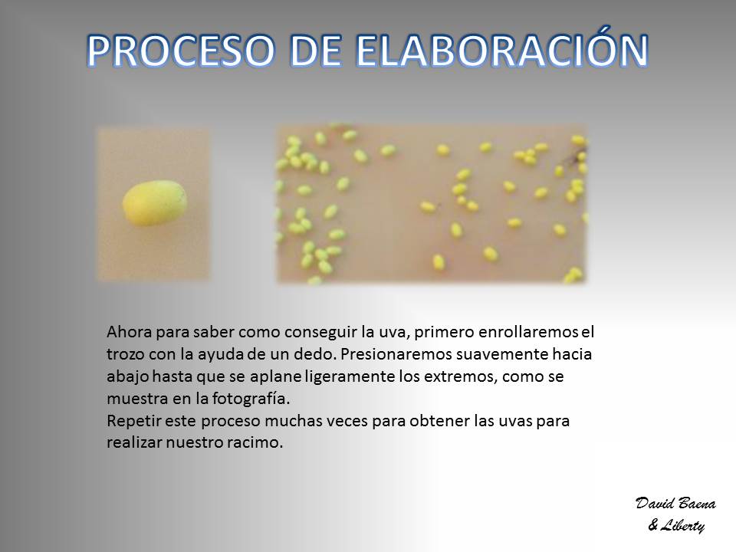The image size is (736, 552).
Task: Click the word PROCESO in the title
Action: click(181, 51)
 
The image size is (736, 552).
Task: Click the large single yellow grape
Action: click(154, 202)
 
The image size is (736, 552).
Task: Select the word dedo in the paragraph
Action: click(314, 354)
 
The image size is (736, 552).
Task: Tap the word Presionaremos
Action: click(396, 354)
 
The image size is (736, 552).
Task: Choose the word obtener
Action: click(439, 421)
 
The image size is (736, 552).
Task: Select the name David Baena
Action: click(675, 504)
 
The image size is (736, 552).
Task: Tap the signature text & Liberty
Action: click(676, 525)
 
